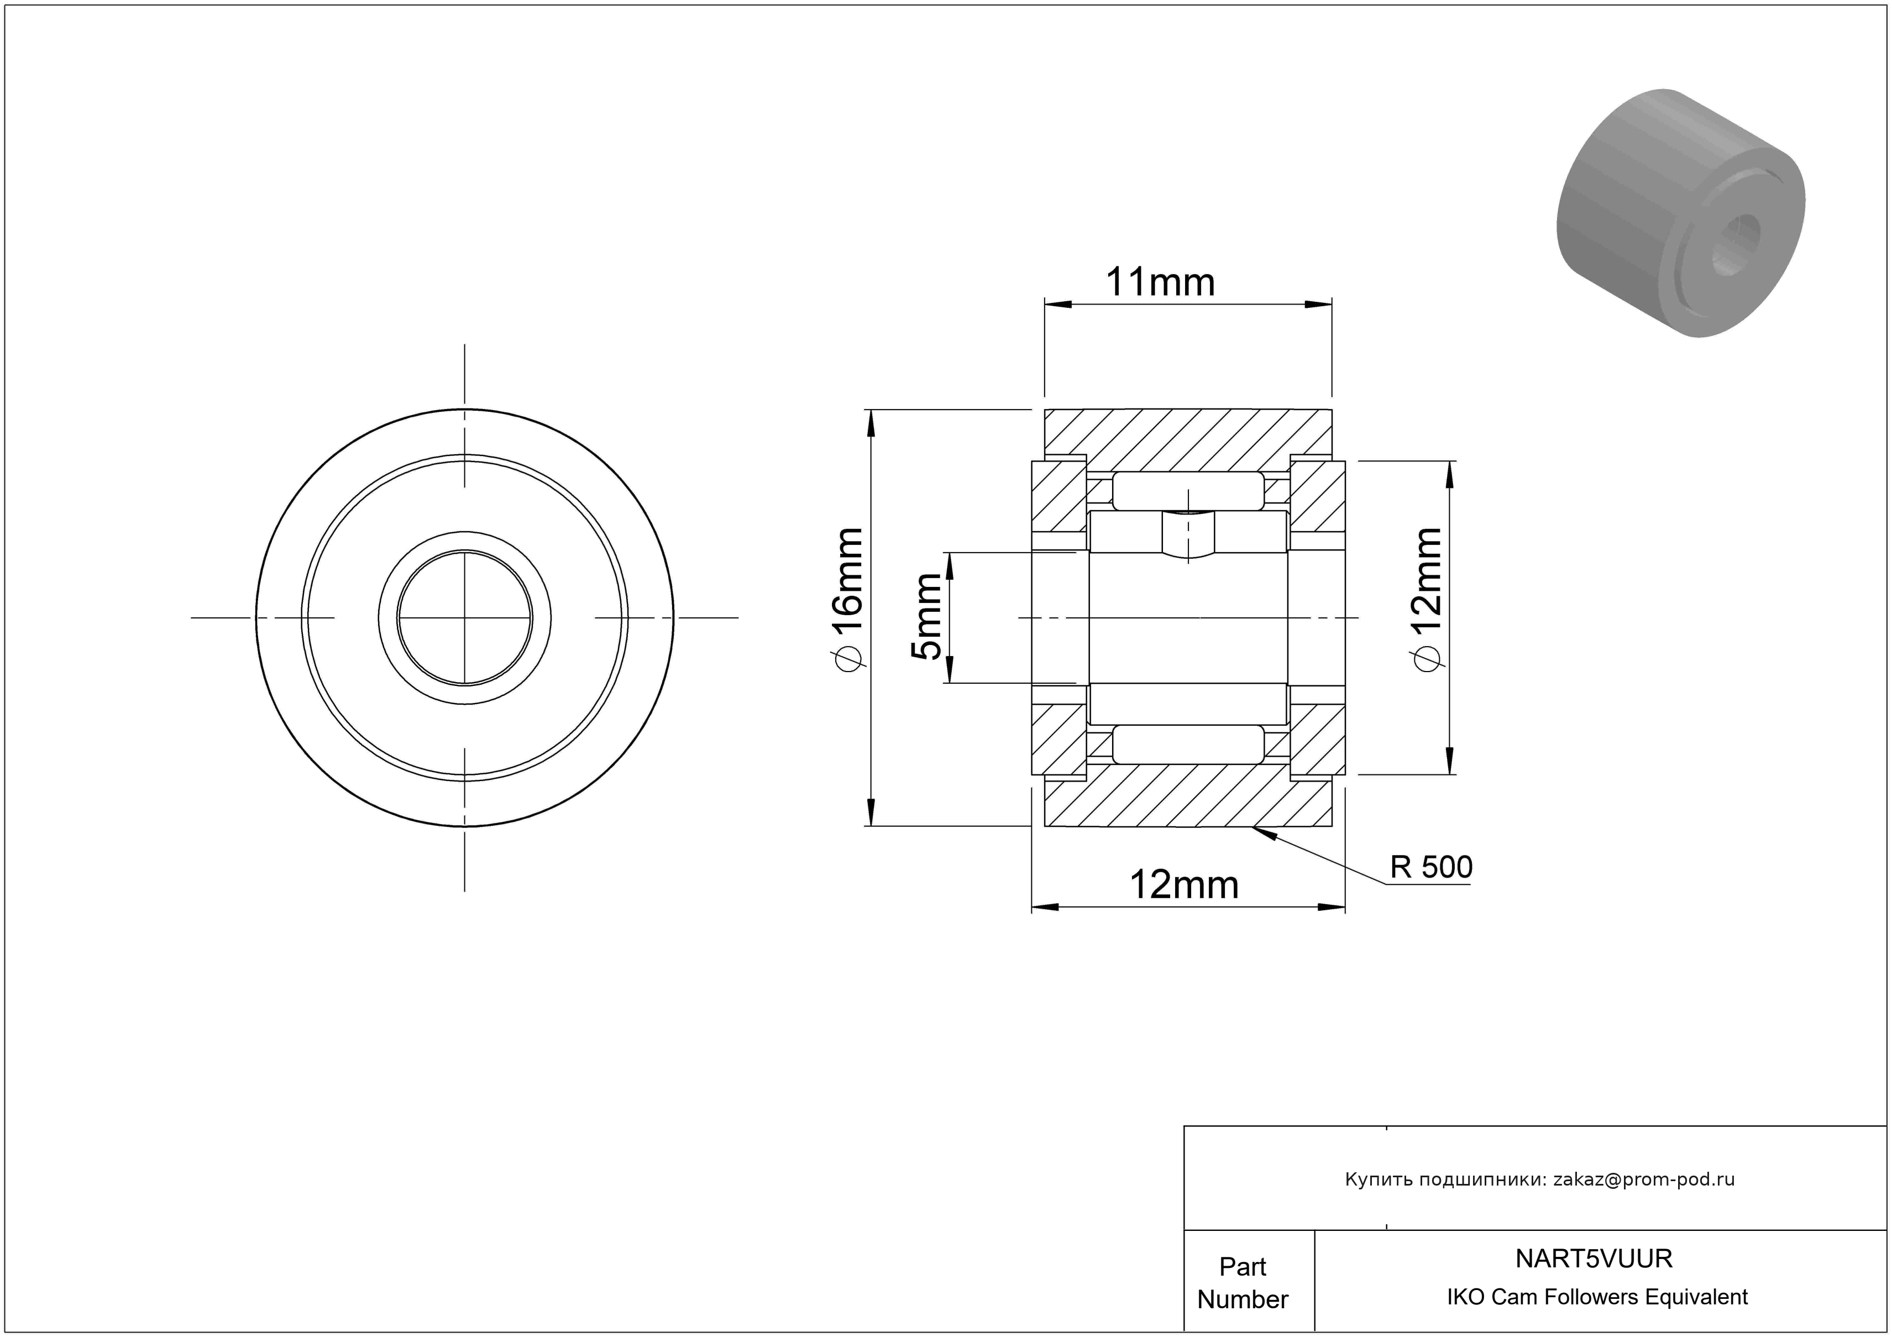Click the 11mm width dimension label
[x=1160, y=282]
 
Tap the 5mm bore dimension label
[x=925, y=616]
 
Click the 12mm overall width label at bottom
[x=1183, y=885]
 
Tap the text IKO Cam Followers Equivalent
[x=1597, y=1297]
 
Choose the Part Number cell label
[x=1243, y=1283]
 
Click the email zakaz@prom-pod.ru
[x=1644, y=1179]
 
